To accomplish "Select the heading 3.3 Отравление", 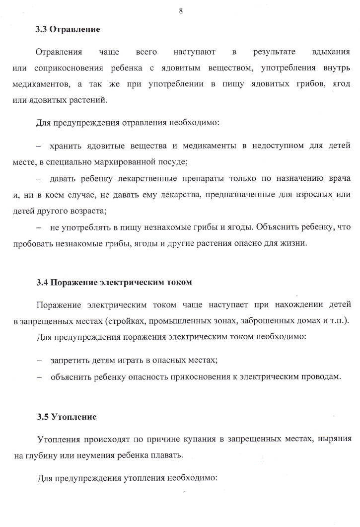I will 68,30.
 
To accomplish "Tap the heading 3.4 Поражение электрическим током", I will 114,282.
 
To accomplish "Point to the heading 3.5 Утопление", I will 66,417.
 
